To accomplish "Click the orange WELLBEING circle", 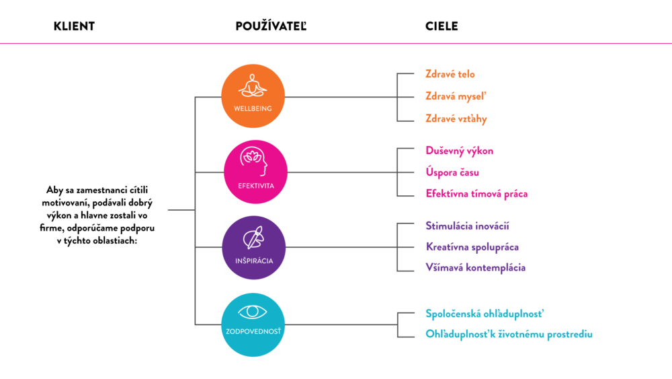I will pyautogui.click(x=253, y=96).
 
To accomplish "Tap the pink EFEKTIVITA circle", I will pyautogui.click(x=255, y=172).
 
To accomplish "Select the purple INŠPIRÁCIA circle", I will pyautogui.click(x=254, y=248).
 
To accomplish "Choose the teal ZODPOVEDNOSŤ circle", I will pyautogui.click(x=253, y=324).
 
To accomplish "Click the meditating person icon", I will pyautogui.click(x=253, y=86).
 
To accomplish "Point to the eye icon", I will pyautogui.click(x=253, y=312).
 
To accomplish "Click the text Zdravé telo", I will pyautogui.click(x=450, y=74).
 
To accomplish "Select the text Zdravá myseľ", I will pyautogui.click(x=456, y=96).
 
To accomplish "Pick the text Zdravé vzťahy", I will pyautogui.click(x=456, y=119).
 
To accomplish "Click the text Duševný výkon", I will pyautogui.click(x=460, y=151).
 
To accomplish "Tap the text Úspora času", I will pyautogui.click(x=452, y=172).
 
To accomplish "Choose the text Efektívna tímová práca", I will pyautogui.click(x=476, y=194).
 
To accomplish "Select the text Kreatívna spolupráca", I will pyautogui.click(x=472, y=247).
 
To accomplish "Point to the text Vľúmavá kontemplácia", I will pyautogui.click(x=475, y=268).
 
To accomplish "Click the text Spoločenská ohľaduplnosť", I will pyautogui.click(x=485, y=314).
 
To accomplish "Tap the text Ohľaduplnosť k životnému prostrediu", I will pyautogui.click(x=509, y=334).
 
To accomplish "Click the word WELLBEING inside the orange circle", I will pyautogui.click(x=253, y=108).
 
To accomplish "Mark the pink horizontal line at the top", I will pyautogui.click(x=336, y=44).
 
